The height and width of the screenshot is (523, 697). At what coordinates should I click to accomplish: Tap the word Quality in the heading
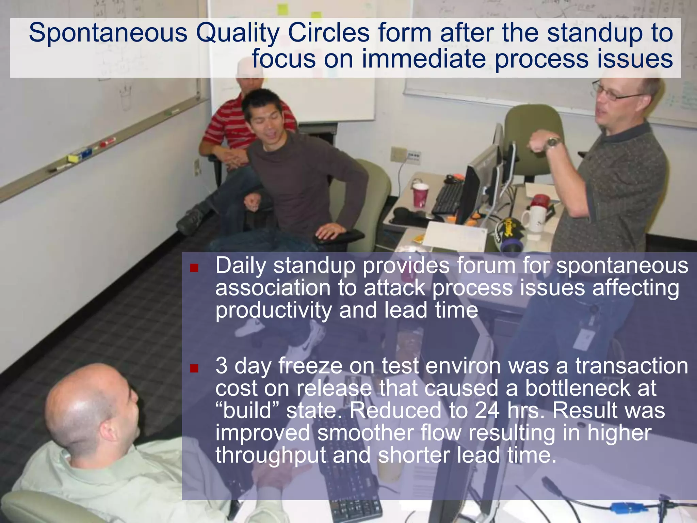click(237, 33)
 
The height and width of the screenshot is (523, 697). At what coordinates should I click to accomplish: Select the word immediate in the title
click(424, 59)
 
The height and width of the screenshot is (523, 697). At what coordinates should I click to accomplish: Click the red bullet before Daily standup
click(194, 268)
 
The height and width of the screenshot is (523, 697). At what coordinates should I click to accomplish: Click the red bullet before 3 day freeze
click(194, 368)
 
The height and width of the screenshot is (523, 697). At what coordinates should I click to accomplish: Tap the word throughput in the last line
click(271, 456)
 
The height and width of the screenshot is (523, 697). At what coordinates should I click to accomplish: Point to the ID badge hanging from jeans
click(584, 338)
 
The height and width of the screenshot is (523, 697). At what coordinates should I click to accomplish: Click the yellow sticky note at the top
click(282, 9)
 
